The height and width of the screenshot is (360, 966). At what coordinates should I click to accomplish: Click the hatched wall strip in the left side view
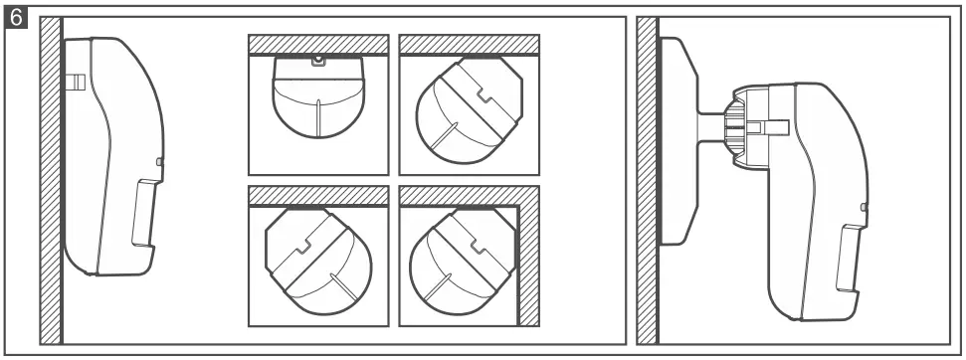[50, 179]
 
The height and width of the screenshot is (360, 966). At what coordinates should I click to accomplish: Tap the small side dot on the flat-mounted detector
[160, 160]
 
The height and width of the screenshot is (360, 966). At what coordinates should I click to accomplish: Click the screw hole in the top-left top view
[317, 61]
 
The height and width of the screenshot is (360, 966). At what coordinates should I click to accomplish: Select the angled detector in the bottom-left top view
[316, 255]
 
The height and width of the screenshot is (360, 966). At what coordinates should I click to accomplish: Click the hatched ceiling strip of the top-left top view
[317, 45]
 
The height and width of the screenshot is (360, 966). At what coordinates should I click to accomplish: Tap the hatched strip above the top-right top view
[469, 45]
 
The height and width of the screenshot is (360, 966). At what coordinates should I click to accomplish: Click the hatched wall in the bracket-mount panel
[648, 179]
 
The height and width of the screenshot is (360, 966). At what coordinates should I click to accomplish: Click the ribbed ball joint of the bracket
[736, 126]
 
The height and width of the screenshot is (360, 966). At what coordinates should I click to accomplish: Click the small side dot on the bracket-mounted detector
[863, 208]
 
